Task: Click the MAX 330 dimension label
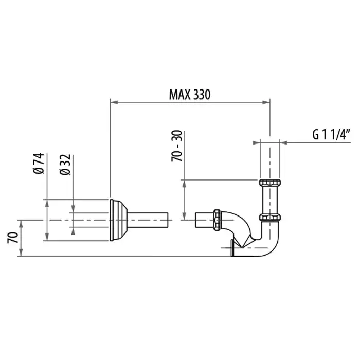(x=190, y=94)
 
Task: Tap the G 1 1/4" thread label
(x=331, y=134)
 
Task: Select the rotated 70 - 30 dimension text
(x=177, y=146)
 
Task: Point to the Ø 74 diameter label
(x=39, y=164)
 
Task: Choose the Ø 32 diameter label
(x=65, y=165)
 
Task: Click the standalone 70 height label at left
(x=13, y=238)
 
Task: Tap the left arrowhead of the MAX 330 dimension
(x=114, y=102)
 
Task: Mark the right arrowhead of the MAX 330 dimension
(x=266, y=102)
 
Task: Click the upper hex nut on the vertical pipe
(x=270, y=183)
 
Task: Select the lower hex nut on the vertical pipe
(x=270, y=217)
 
